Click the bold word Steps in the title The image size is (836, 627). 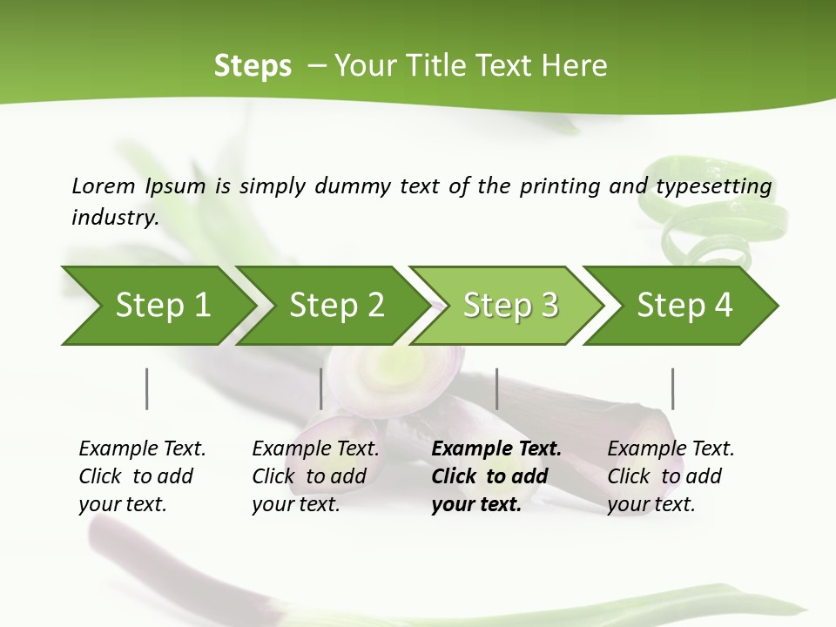[253, 66]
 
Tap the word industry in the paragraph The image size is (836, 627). [114, 217]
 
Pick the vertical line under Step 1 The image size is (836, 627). [147, 388]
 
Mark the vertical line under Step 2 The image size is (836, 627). [321, 388]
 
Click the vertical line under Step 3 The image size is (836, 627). [496, 388]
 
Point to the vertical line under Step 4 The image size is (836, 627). [672, 388]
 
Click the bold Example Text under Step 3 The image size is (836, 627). [496, 449]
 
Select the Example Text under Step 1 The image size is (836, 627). [142, 449]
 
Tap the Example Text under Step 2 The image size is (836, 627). [315, 449]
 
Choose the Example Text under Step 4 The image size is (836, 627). [671, 449]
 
